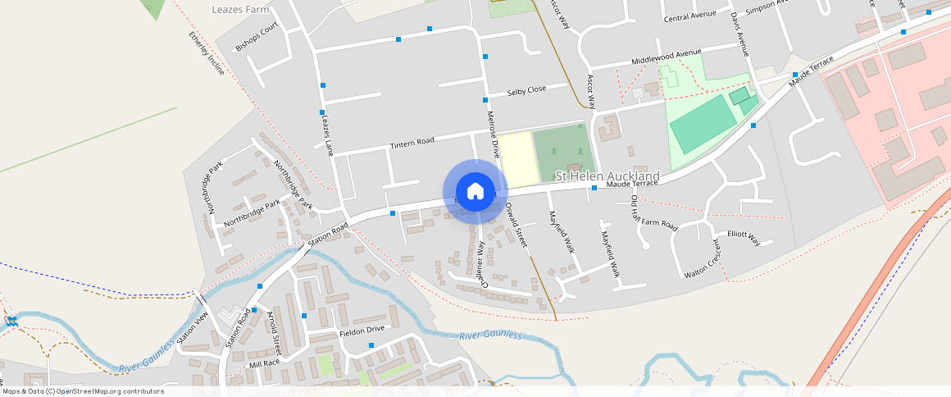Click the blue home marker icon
(475, 192)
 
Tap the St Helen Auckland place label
(607, 176)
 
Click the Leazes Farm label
(240, 10)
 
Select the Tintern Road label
(412, 143)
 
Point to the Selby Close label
(526, 90)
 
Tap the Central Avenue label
(689, 16)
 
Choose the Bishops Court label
(257, 38)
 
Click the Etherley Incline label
(206, 53)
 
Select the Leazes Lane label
(325, 135)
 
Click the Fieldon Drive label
(362, 329)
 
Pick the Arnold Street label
(274, 329)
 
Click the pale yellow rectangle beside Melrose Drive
(515, 157)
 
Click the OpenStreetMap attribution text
(84, 391)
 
